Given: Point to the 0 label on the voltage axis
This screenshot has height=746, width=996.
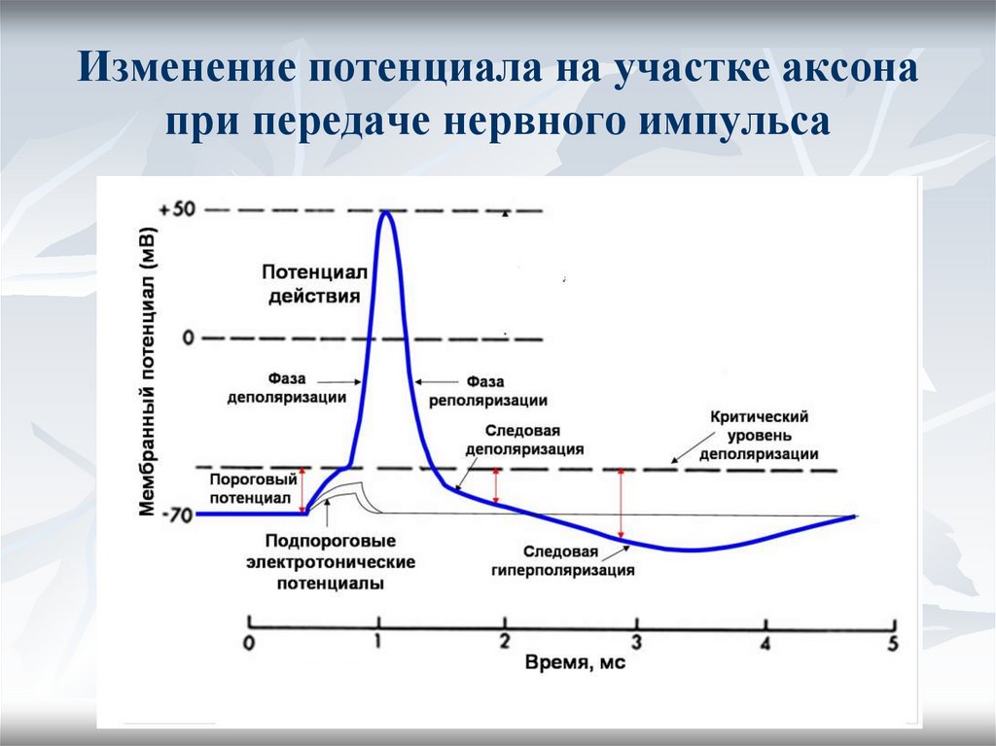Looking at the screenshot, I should tap(188, 337).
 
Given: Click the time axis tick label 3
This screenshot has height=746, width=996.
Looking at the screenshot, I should tap(637, 641).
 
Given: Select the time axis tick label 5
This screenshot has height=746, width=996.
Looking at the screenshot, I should tap(893, 642).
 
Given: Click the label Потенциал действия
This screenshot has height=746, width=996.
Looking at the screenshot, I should tap(313, 283).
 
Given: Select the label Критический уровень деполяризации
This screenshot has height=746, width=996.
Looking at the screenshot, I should tap(759, 435).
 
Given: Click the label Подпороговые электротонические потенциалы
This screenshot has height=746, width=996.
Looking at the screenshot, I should tap(330, 562).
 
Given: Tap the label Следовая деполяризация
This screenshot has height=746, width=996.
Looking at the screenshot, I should tap(524, 440).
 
